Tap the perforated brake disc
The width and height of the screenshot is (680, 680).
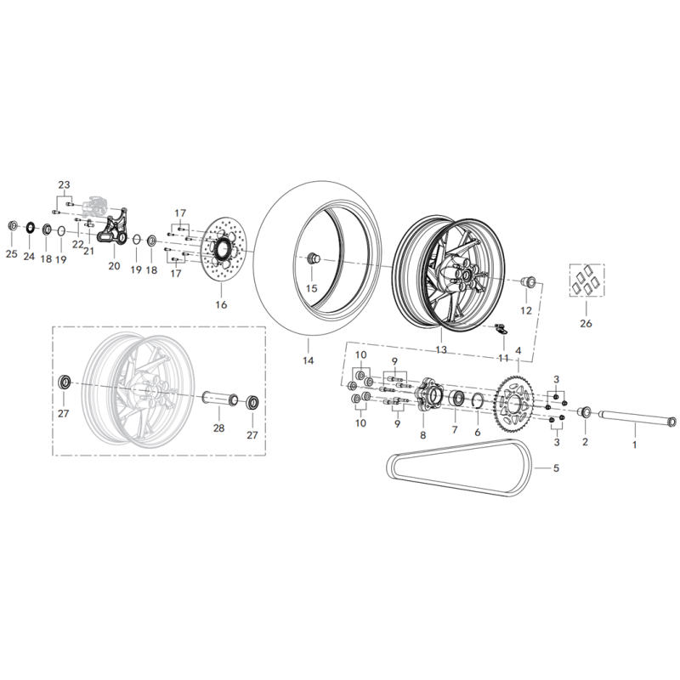click(224, 250)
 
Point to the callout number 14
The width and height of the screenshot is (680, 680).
click(308, 360)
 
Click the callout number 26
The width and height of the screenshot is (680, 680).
click(586, 324)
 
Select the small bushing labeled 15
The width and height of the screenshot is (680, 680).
click(312, 259)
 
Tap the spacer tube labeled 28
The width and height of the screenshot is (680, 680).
click(220, 397)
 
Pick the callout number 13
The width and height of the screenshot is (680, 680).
click(441, 349)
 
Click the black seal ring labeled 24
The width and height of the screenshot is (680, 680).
click(30, 228)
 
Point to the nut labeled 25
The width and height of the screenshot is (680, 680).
click(13, 226)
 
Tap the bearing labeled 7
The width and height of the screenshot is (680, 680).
click(456, 398)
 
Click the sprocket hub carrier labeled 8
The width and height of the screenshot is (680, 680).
click(427, 394)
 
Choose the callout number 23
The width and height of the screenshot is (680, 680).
click(65, 184)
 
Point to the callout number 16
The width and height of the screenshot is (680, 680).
click(221, 305)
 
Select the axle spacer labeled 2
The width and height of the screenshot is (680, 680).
click(585, 411)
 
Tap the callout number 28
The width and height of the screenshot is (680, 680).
click(218, 428)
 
